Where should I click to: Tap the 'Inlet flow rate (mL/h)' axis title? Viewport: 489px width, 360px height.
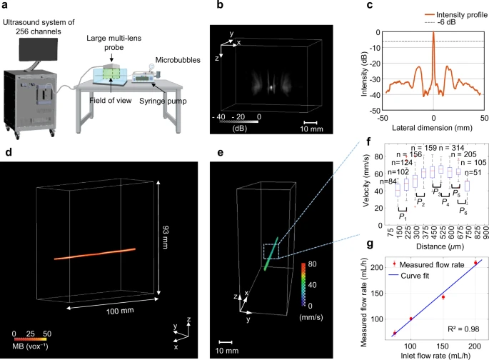coord(433,355)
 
